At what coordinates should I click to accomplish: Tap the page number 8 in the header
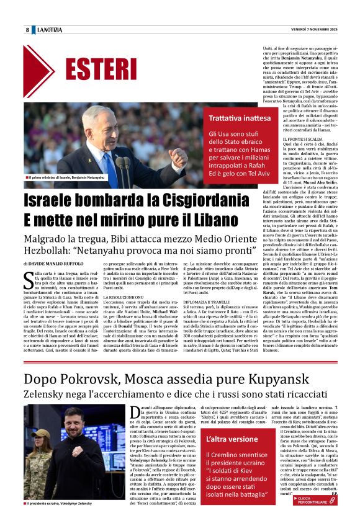point(28,30)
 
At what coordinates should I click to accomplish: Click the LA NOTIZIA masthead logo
point(50,30)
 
